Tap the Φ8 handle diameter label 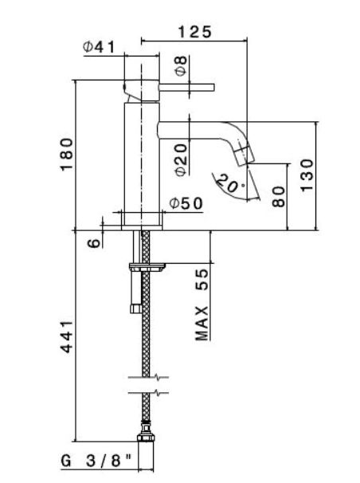click(x=182, y=66)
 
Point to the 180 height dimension click(x=67, y=153)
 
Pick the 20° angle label click(x=229, y=185)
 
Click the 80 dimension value click(x=279, y=196)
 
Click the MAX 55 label click(x=202, y=305)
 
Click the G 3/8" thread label click(x=96, y=461)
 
